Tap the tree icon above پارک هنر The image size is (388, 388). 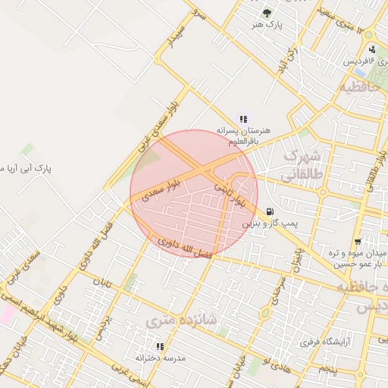pyautogui.click(x=266, y=12)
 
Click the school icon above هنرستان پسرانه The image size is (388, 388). pyautogui.click(x=243, y=119)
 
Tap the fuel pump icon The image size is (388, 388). pyautogui.click(x=271, y=211)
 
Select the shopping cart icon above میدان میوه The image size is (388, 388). pyautogui.click(x=357, y=242)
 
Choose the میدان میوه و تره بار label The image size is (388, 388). pyautogui.click(x=358, y=258)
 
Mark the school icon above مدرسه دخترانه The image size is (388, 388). pyautogui.click(x=160, y=346)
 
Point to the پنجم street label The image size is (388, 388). pyautogui.click(x=327, y=368)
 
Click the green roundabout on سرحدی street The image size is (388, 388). pyautogui.click(x=266, y=312)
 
